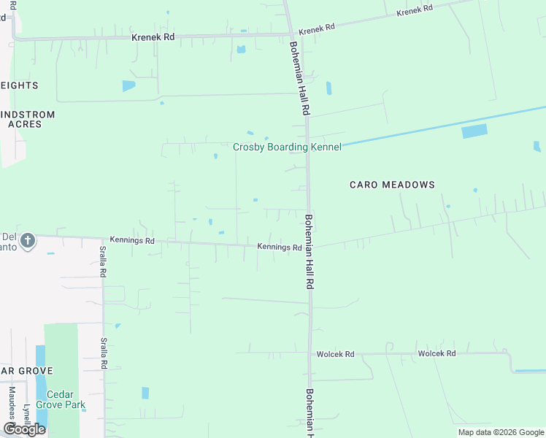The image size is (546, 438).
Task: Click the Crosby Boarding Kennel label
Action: click(x=287, y=147)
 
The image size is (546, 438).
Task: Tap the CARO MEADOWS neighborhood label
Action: click(x=392, y=185)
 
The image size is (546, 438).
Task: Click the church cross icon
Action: click(x=28, y=240)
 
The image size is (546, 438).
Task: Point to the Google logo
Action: click(x=24, y=429)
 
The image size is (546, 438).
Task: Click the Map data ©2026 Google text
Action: click(x=501, y=432)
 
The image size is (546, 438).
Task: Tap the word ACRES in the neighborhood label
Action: click(x=25, y=124)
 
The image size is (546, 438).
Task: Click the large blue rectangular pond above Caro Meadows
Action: click(x=474, y=131)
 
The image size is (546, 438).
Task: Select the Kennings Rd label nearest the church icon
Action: click(x=132, y=239)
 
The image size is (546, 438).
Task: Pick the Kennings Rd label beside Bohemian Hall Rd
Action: click(x=280, y=247)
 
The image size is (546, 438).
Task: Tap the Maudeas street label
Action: click(x=12, y=401)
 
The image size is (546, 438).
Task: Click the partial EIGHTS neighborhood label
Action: click(x=19, y=85)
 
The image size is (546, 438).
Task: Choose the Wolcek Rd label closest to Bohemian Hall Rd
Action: click(x=335, y=354)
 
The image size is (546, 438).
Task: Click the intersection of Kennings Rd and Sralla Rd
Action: click(x=102, y=239)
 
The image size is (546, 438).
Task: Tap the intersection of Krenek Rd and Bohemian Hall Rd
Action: click(x=291, y=34)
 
